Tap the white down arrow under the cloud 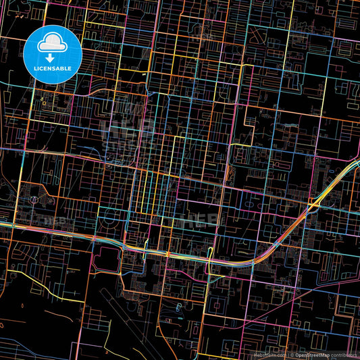[51, 58]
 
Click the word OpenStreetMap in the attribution [312, 354]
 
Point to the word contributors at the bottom [343, 354]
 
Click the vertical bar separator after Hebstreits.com [287, 354]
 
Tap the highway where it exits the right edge [357, 162]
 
